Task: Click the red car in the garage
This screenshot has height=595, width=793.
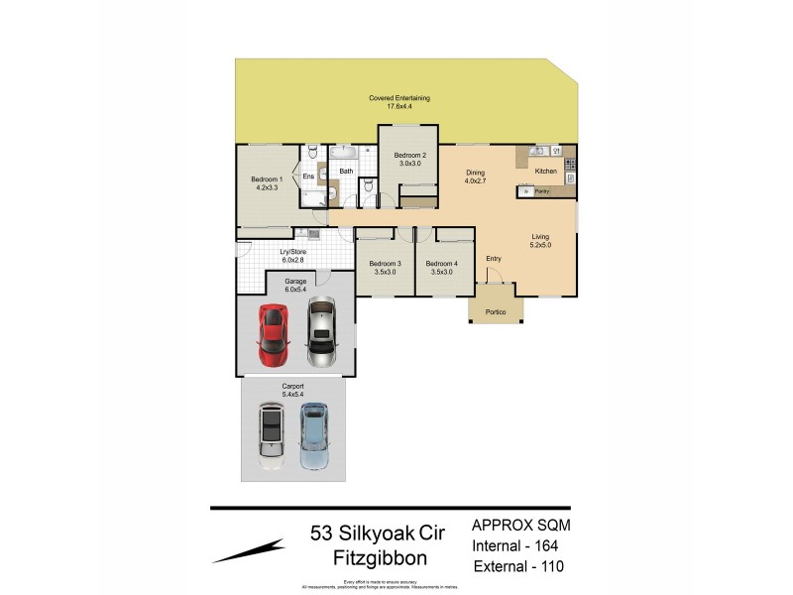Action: pos(272,332)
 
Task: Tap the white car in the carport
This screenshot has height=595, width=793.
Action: pos(271,434)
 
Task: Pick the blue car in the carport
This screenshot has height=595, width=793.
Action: pos(313,434)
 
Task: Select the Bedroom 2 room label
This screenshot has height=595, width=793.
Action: pos(409,156)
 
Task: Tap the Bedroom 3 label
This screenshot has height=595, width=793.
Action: pos(385,264)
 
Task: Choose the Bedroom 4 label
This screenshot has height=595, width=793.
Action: pos(440,264)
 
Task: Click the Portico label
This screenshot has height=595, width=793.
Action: pos(496,313)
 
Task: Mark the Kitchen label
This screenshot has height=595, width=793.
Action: pos(546,172)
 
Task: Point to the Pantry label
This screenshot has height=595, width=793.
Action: pos(541,190)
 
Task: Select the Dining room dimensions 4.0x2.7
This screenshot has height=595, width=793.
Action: pos(476,181)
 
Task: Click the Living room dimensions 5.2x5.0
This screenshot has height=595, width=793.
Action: pos(540,244)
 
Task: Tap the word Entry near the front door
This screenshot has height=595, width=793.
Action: pos(494,259)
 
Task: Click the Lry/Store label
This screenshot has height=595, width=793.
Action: pos(292,252)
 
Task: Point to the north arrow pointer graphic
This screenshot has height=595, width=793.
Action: pos(248,551)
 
